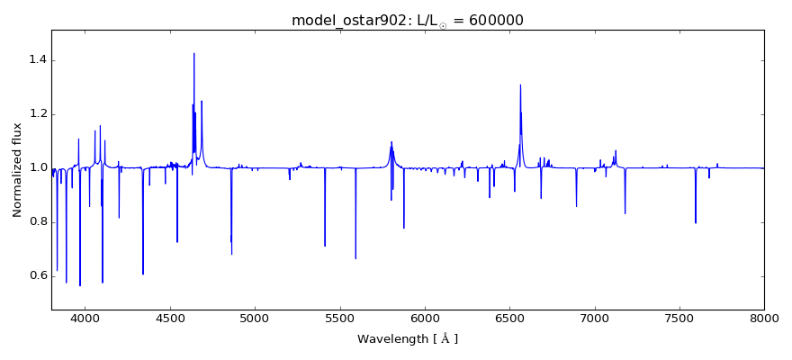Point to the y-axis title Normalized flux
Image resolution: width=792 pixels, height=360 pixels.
pos(17,171)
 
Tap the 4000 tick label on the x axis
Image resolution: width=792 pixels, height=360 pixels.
pos(85,318)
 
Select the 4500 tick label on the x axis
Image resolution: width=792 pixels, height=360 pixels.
pos(170,318)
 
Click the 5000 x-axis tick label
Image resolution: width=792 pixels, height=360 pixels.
pos(255,318)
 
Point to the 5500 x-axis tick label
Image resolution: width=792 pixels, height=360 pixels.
pos(340,318)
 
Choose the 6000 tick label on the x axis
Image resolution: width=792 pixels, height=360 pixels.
pos(425,318)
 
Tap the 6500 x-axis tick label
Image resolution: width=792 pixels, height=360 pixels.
pos(509,318)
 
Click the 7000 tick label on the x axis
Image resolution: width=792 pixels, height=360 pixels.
pos(595,318)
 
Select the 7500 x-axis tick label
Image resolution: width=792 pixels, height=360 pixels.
pos(679,318)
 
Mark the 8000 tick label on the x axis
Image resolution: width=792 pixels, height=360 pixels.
pos(764,318)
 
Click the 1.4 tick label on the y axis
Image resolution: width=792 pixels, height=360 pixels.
pos(36,60)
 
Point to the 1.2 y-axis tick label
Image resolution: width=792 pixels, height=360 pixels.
pos(36,114)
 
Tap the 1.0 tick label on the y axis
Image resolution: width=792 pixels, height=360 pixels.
pos(36,168)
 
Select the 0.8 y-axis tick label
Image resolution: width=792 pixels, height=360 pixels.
pos(36,221)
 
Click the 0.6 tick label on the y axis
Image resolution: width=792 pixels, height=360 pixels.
pos(36,275)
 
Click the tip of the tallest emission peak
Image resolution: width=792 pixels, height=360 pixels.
pos(193,53)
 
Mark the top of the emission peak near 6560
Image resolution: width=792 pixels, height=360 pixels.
pos(520,85)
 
